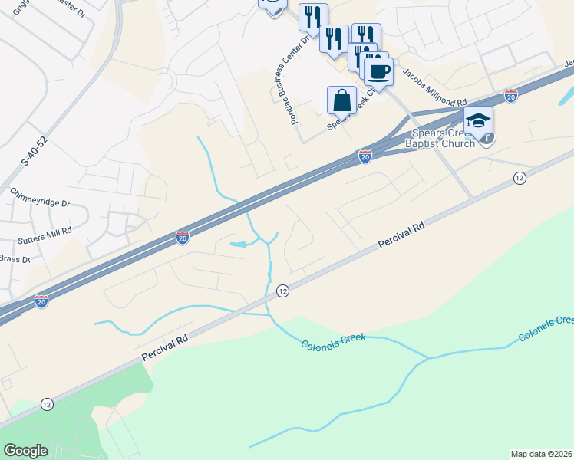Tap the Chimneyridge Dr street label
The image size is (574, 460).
pyautogui.click(x=40, y=196)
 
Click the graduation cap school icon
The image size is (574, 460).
pyautogui.click(x=478, y=121)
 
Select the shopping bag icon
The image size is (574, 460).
pyautogui.click(x=341, y=101)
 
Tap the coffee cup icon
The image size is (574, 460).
pyautogui.click(x=378, y=72)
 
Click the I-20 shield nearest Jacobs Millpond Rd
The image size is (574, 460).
pyautogui.click(x=511, y=96)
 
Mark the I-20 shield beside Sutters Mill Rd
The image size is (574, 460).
pyautogui.click(x=183, y=238)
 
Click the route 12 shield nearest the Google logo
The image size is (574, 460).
pyautogui.click(x=48, y=404)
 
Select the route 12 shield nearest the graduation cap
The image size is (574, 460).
pyautogui.click(x=520, y=178)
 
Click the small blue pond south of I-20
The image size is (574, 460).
pyautogui.click(x=239, y=245)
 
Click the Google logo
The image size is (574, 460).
pyautogui.click(x=26, y=451)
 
